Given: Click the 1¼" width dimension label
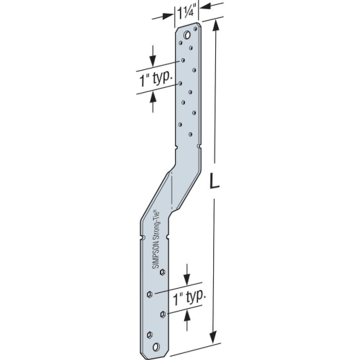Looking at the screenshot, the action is click(x=187, y=13).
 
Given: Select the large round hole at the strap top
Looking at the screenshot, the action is click(x=187, y=35).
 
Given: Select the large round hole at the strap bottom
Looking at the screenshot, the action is click(x=156, y=347).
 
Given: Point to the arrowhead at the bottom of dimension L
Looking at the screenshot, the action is click(x=214, y=337).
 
